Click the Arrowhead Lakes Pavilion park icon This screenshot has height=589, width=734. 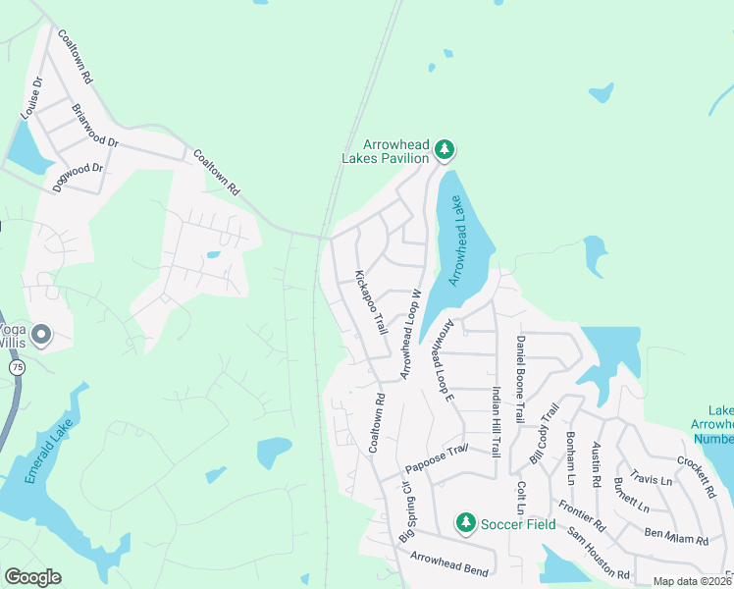[x=446, y=149]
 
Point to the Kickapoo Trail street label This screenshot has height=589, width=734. [x=371, y=301]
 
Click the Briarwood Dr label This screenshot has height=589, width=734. [x=95, y=127]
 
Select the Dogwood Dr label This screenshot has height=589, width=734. [x=79, y=177]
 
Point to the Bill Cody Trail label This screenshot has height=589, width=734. [x=543, y=433]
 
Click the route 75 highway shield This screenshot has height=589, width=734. [x=17, y=366]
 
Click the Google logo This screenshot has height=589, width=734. [x=32, y=577]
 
